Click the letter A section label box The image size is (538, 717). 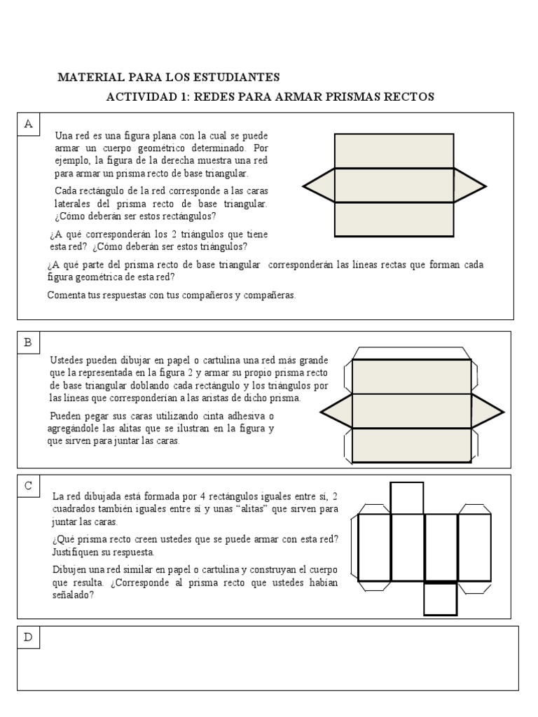pos(29,124)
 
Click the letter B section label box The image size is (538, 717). pos(29,342)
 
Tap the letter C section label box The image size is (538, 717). pos(29,485)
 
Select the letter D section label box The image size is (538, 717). pos(29,637)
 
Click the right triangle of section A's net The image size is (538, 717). pos(468,186)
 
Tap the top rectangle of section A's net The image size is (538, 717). pos(394,151)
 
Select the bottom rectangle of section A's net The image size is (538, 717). pos(394,219)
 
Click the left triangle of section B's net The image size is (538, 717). pos(337,411)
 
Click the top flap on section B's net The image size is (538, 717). pos(411,353)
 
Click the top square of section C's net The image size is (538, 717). pos(406,498)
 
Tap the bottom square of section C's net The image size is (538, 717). pos(441,599)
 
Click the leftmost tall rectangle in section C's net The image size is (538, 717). pos(374,548)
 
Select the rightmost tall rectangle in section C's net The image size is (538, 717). pos(474,548)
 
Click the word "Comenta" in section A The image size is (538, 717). pos(65,295)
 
